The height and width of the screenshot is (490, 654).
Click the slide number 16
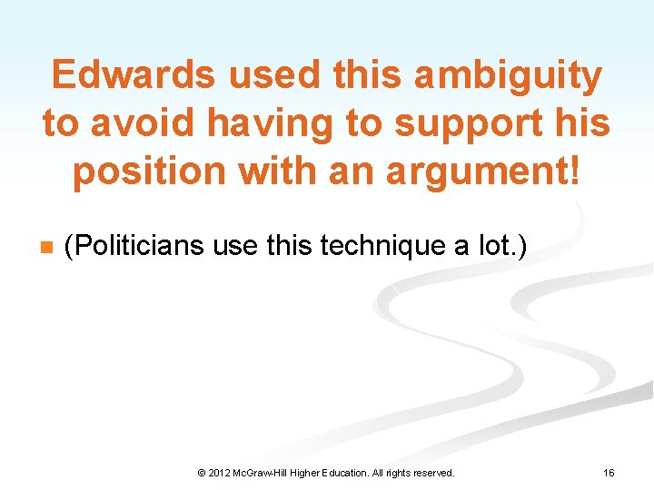[609, 473]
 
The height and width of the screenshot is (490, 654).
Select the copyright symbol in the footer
[201, 473]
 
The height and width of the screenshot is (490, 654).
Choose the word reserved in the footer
[433, 473]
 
